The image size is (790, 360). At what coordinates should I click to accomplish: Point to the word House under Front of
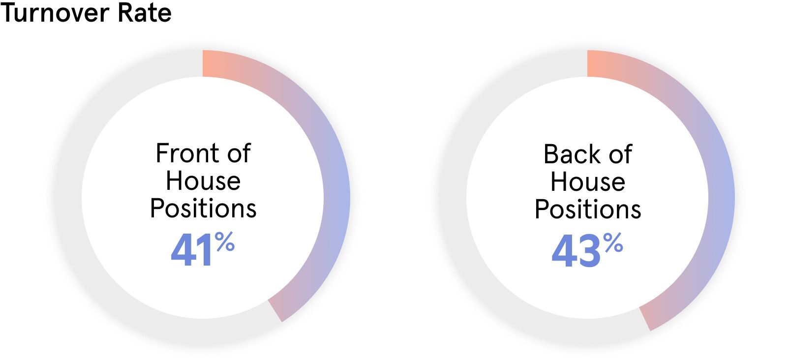[x=203, y=180]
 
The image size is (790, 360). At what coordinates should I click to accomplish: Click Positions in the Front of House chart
[x=203, y=209]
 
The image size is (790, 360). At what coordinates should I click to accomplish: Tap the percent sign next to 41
[x=224, y=242]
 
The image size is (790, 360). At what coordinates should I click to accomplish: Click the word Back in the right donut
[x=568, y=154]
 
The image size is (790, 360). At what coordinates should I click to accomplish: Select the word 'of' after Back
[x=620, y=154]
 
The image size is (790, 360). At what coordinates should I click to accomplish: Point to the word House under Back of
[x=588, y=181]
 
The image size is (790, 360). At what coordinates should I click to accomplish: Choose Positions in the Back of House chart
[x=588, y=210]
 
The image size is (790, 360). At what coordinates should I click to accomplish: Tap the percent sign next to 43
[x=613, y=243]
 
